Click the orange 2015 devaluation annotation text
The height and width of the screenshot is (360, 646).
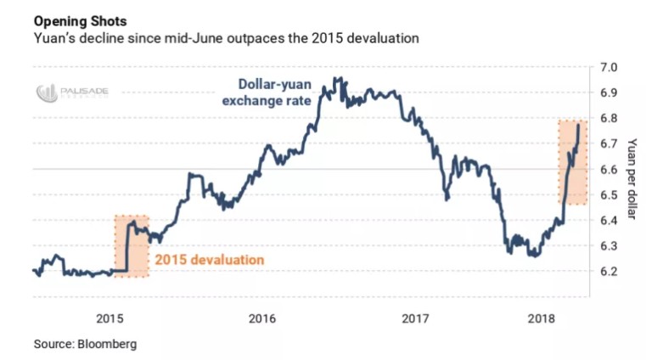(209, 259)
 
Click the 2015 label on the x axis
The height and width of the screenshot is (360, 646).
(110, 318)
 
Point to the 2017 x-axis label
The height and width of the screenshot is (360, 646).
(414, 318)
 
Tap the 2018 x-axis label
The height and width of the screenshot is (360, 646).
(541, 318)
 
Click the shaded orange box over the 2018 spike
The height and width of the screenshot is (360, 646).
(571, 162)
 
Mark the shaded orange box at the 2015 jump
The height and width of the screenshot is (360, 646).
(132, 246)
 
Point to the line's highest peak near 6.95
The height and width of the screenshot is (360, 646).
(339, 79)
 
